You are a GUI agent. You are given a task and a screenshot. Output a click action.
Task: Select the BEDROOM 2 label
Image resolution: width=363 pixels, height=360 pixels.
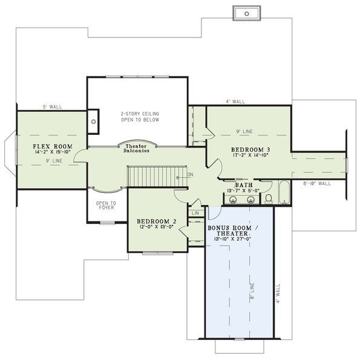pos(156,221)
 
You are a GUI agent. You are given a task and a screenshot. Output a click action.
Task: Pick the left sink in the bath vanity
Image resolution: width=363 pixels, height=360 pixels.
pos(234,200)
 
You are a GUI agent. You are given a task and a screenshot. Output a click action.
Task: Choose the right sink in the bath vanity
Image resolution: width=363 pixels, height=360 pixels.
pos(250,200)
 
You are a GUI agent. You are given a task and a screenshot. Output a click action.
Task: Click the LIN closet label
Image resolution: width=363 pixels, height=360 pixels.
pos(195,214)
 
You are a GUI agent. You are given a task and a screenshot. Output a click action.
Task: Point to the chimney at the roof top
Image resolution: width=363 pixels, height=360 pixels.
pos(246,12)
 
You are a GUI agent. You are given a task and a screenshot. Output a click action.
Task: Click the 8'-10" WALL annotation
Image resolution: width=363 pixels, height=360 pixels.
pos(317,182)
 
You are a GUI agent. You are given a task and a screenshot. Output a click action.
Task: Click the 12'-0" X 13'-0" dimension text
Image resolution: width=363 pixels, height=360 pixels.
pos(156,227)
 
